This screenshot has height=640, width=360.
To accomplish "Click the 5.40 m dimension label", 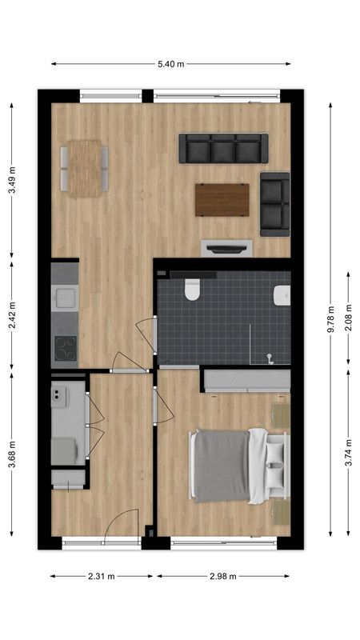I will coord(171,63).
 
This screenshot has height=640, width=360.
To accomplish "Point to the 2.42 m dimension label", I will coord(12,315).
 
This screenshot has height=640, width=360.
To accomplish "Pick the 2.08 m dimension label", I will coord(349,318).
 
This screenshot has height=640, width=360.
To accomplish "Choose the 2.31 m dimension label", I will coord(101,576).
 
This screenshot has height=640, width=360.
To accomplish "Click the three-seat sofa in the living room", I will coord(223,148).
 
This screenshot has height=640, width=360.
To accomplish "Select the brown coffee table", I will coord(222,200).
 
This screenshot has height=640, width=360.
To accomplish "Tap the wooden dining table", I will coord(84,168).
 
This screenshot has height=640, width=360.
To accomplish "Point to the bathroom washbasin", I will coord(282,296).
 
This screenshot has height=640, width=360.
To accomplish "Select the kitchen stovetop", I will coord(65,347).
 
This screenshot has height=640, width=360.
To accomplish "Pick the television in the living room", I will coord(226,249).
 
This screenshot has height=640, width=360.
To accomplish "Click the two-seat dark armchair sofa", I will coord(274,204).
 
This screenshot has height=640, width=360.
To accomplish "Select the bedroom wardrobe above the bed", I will coord(246,380).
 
